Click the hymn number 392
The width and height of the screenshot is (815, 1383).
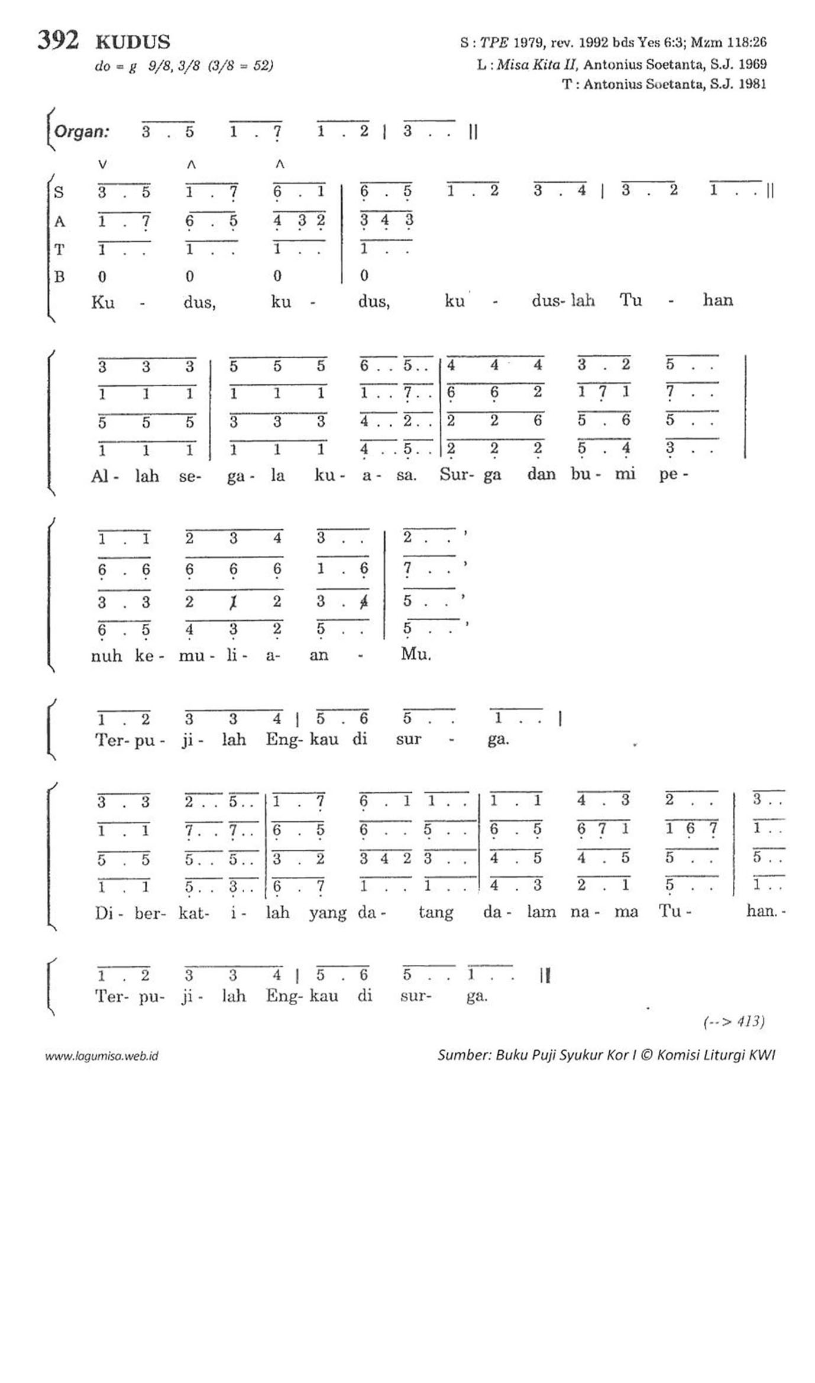[x=58, y=40]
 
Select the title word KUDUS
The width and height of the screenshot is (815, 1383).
[x=133, y=42]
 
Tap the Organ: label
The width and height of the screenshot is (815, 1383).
[x=82, y=131]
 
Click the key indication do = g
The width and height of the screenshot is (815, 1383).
[x=116, y=66]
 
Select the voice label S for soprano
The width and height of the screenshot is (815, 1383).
[x=59, y=192]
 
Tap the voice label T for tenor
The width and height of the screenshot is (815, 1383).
[x=59, y=250]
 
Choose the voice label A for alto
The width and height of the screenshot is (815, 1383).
[x=59, y=222]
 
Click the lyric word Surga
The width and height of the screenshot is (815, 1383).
[x=470, y=475]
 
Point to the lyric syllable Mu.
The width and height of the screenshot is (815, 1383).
[x=416, y=654]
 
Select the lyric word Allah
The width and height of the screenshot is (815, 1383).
[x=125, y=475]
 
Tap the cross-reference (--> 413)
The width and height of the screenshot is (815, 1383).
[x=733, y=1021]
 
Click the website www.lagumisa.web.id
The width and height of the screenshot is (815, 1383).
[x=102, y=1056]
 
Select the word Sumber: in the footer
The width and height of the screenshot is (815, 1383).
[x=464, y=1055]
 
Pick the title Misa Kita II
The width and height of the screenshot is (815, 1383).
[x=536, y=64]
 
